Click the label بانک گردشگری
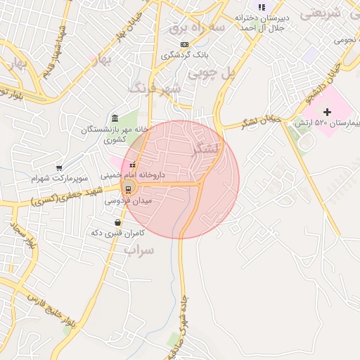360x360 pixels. click(163, 54)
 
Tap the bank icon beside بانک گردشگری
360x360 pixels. click(184, 44)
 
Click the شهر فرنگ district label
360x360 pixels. click(154, 88)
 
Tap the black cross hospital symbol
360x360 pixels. click(326, 112)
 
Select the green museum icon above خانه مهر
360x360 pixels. click(115, 117)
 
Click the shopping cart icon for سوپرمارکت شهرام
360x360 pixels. click(59, 168)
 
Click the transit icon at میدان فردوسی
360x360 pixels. click(129, 188)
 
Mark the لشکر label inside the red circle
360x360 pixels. click(205, 148)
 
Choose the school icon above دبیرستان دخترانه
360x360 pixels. click(262, 8)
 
